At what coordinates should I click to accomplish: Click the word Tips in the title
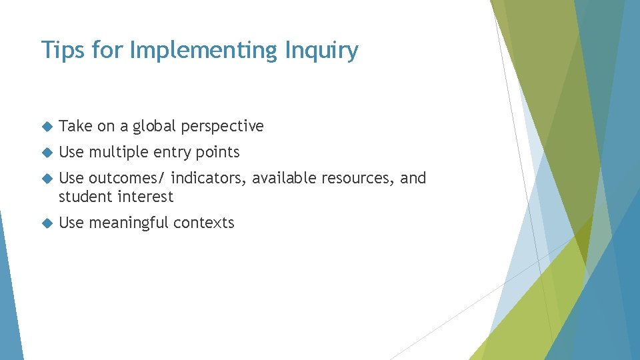[58, 50]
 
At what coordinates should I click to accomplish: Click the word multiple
[119, 153]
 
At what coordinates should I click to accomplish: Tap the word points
[217, 153]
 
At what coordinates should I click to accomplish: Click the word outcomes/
[127, 178]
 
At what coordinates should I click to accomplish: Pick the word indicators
[209, 178]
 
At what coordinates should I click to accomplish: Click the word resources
[357, 178]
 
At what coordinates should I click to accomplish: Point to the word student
[85, 197]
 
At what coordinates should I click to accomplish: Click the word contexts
[205, 223]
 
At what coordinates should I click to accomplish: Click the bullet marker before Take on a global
[46, 127]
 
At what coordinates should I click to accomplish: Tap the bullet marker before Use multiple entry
[46, 153]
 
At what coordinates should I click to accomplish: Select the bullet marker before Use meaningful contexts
[46, 223]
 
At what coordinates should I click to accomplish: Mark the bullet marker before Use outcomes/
[46, 179]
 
